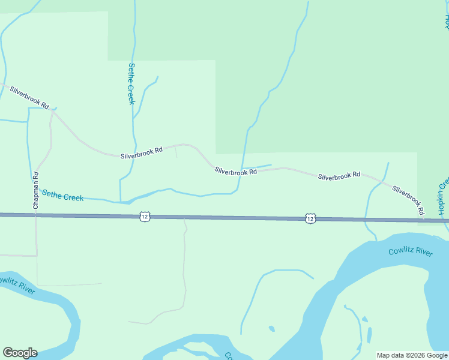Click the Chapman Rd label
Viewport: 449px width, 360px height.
[x=36, y=190]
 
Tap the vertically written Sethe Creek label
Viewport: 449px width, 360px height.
[x=131, y=83]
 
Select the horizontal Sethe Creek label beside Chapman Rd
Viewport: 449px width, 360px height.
[x=62, y=196]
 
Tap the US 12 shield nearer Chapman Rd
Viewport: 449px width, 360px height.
[x=144, y=216]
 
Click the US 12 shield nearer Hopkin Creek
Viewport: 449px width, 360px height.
[x=310, y=218]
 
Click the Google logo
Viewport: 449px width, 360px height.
[x=20, y=353]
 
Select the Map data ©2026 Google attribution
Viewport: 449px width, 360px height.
[x=411, y=355]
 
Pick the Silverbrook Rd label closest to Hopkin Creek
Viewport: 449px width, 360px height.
[x=408, y=200]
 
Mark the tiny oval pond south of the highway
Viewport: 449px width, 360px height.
[x=272, y=329]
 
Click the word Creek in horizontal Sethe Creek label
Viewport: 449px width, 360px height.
[x=73, y=197]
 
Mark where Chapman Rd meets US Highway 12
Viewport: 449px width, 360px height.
[x=36, y=215]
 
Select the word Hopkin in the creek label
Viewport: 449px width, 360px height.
[x=442, y=205]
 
